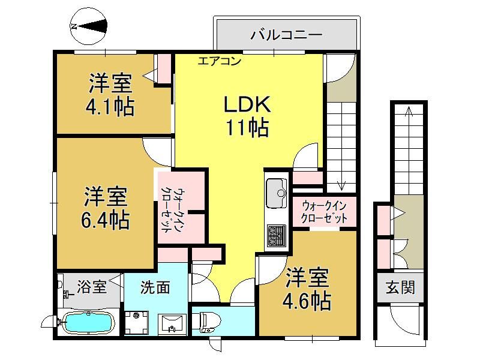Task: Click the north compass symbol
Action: tap(89, 26)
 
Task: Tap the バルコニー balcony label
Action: tap(286, 35)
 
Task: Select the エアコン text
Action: tap(219, 61)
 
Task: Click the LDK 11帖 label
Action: tap(247, 116)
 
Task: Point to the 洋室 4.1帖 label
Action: tap(110, 95)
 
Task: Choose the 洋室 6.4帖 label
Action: tap(106, 208)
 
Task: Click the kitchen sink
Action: tap(277, 193)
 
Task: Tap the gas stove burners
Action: tap(277, 236)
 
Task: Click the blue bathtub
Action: tap(88, 323)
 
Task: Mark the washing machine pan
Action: tap(137, 323)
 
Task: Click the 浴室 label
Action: tap(92, 287)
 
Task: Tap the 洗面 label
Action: tap(155, 287)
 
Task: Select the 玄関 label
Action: tap(400, 288)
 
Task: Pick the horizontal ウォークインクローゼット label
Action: tap(324, 212)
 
